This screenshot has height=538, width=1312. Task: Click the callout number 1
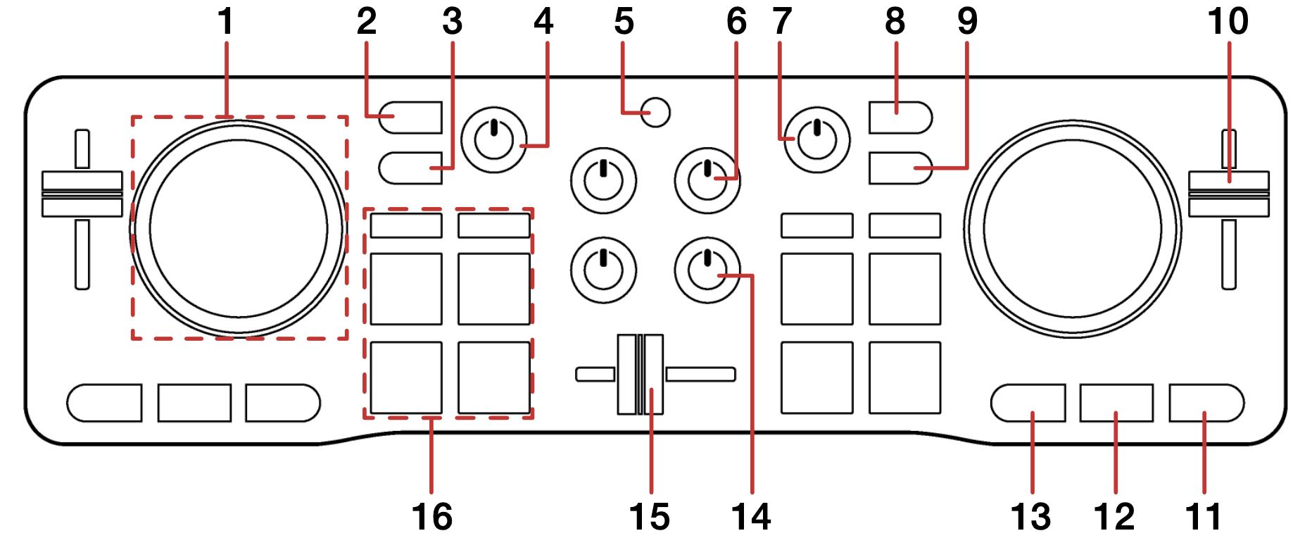(225, 21)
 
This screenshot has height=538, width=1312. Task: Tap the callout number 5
(624, 21)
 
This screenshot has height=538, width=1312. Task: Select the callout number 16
(431, 516)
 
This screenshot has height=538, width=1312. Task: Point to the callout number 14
(751, 516)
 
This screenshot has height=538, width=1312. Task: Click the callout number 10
(1228, 21)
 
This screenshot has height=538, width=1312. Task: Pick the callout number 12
(1115, 516)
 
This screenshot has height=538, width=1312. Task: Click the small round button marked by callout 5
(656, 113)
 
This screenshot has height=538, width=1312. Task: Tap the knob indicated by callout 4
(494, 139)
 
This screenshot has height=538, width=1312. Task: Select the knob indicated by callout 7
(816, 139)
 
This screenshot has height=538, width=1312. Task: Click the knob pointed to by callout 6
(707, 180)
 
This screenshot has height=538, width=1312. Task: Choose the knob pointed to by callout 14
(707, 270)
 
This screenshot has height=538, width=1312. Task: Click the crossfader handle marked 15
(641, 374)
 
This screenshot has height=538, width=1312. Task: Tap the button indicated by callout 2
(410, 118)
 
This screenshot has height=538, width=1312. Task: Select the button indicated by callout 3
(410, 168)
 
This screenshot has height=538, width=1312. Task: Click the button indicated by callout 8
(900, 118)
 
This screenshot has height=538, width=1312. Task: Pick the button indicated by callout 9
(900, 168)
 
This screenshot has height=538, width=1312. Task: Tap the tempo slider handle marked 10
(1228, 194)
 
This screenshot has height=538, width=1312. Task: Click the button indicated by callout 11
(1206, 403)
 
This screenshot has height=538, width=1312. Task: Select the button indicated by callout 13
(1028, 403)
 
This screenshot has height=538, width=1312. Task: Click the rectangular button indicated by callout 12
(1116, 403)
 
